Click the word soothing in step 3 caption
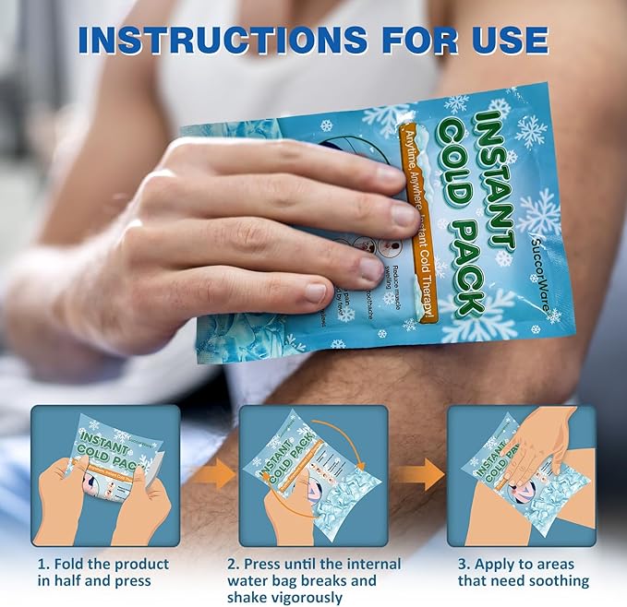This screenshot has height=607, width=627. [560, 580]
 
